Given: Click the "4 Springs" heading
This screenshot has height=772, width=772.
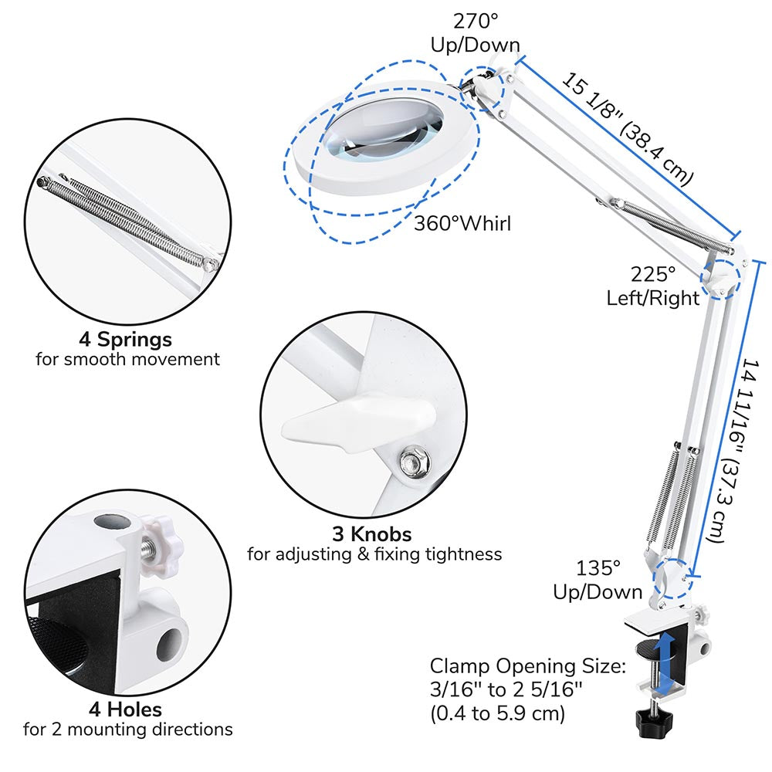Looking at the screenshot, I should point(125,339).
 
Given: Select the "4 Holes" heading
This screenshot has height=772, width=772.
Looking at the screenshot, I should point(125,709).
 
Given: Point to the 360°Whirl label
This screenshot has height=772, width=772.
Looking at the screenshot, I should point(462,224).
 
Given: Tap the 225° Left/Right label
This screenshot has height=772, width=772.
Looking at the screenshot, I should point(652,286).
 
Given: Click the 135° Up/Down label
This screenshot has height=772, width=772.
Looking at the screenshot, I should point(598,581).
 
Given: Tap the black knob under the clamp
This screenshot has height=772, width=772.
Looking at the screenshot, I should point(653,721).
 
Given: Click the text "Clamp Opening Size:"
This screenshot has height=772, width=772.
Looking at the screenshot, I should point(527,666).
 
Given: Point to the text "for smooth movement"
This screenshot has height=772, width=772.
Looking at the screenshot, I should point(127,359).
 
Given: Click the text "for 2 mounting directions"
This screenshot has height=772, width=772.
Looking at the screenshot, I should point(127,729).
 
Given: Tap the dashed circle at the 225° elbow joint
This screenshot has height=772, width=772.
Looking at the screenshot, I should point(720,278).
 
